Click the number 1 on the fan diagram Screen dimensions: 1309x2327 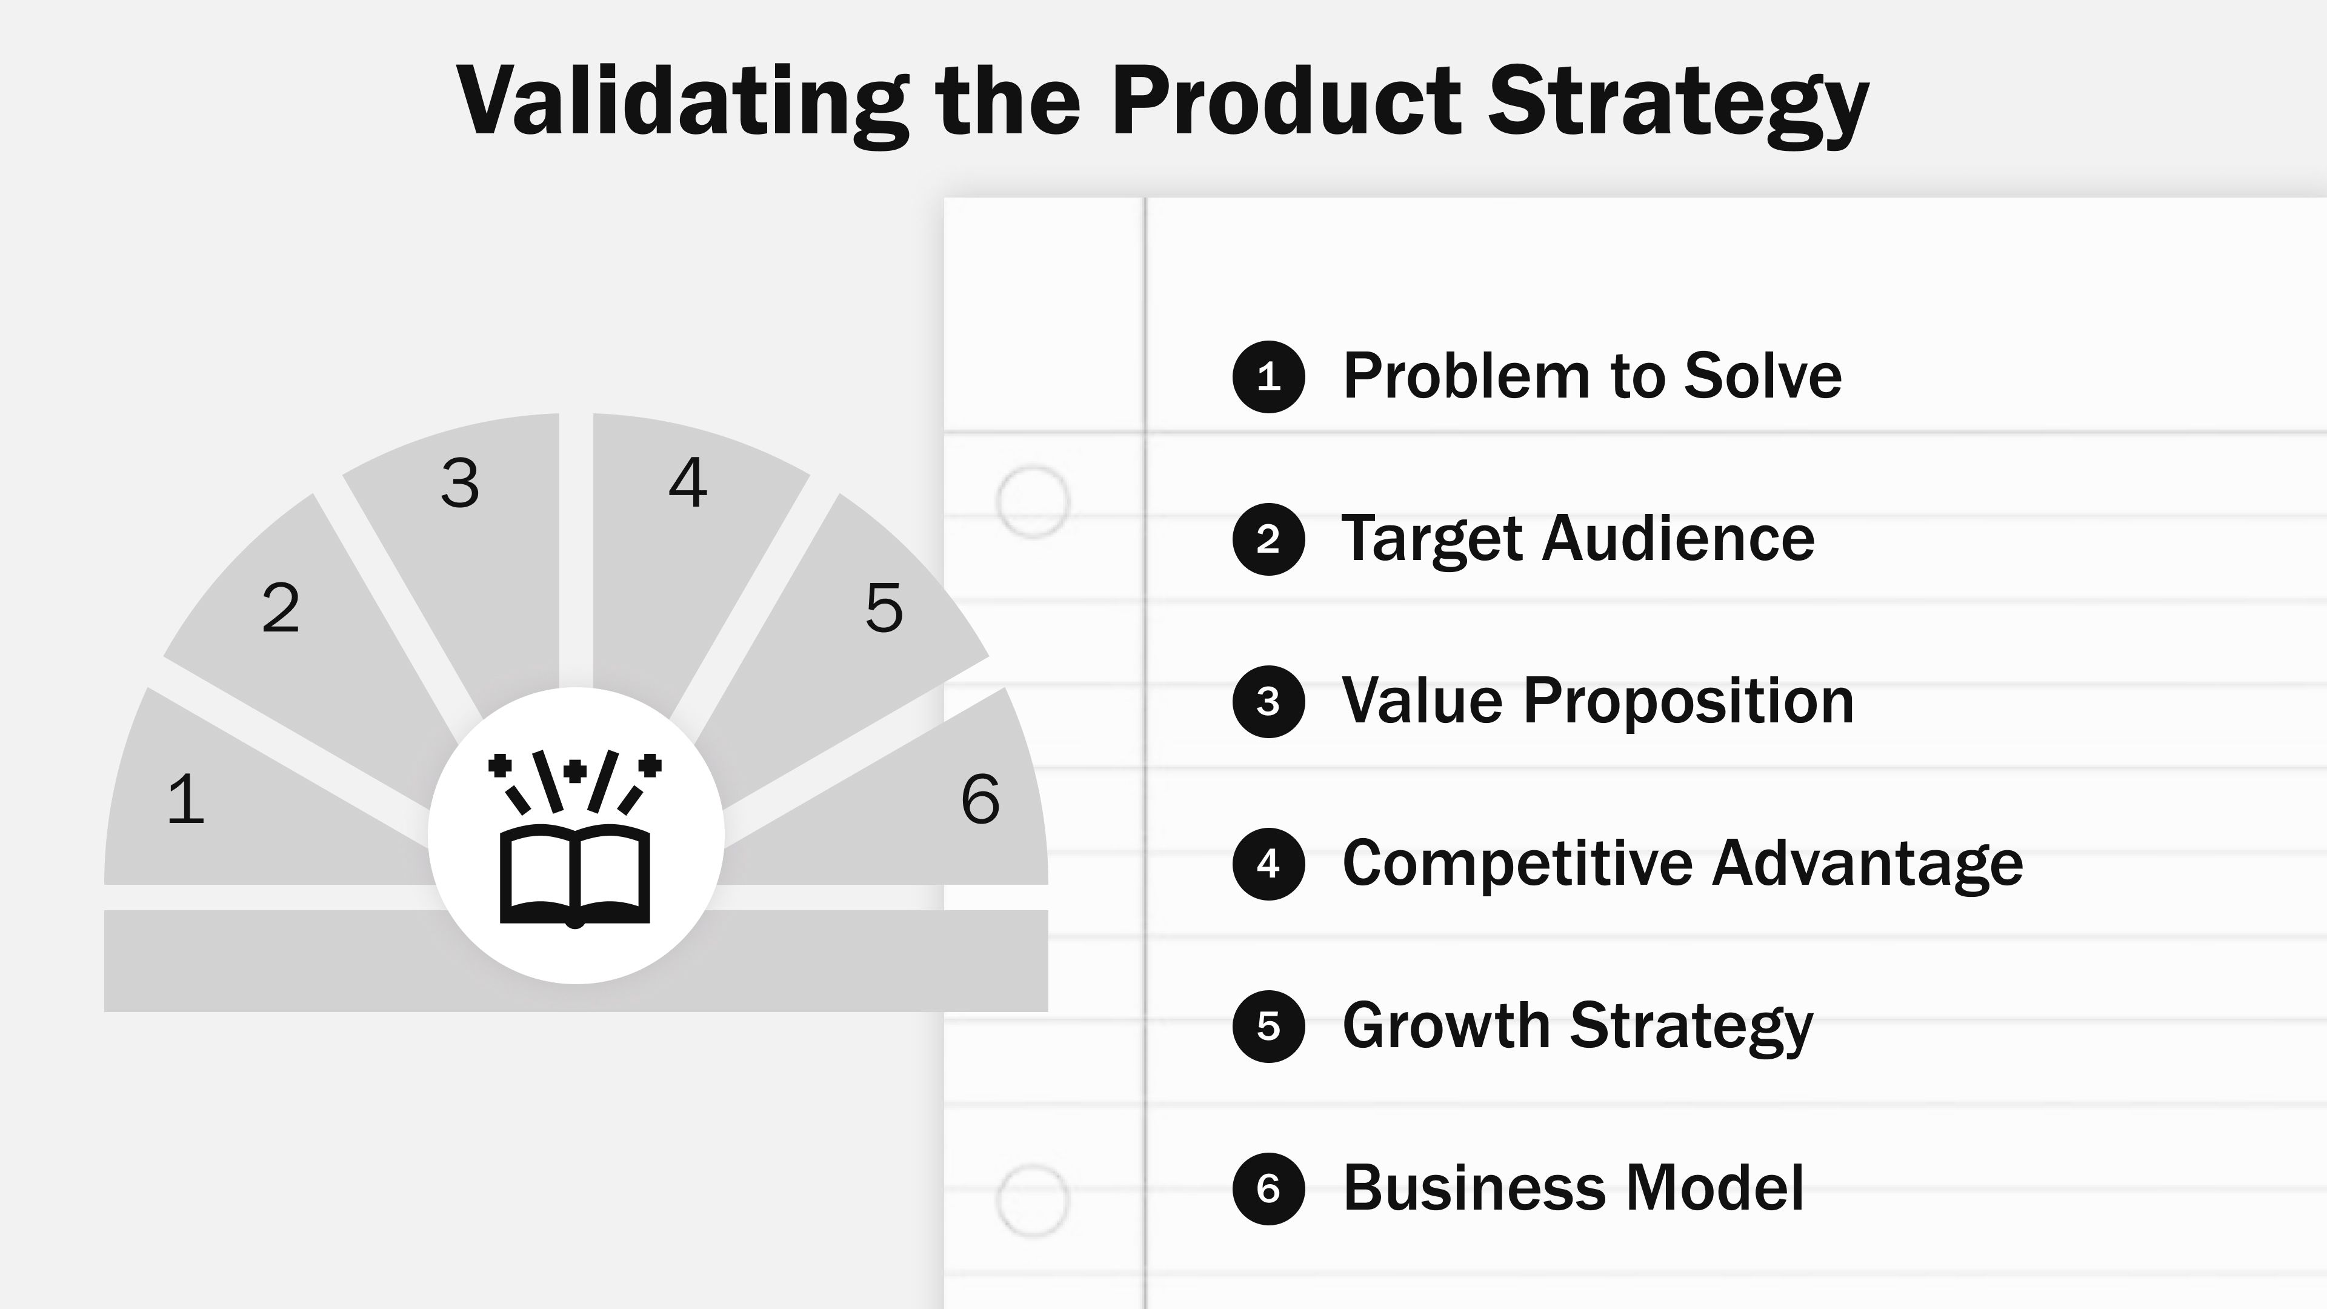[x=186, y=799]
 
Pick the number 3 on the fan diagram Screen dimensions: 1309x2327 [x=460, y=484]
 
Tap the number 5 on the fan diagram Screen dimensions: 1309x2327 [x=884, y=608]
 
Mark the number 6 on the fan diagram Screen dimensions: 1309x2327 [x=980, y=799]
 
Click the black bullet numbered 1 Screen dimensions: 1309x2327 [x=1268, y=377]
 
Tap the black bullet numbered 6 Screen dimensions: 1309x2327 [x=1268, y=1189]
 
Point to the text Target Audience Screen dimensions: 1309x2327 [x=1577, y=539]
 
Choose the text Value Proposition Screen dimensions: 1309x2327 [x=1597, y=701]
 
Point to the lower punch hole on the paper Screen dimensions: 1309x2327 [x=1033, y=1201]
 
